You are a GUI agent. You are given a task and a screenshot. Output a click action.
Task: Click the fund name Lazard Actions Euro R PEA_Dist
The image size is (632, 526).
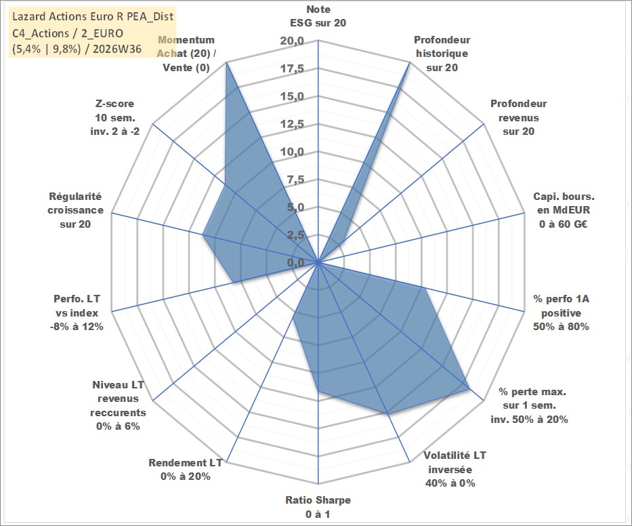(93, 16)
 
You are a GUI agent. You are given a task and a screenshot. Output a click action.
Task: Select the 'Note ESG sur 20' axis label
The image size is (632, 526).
(318, 16)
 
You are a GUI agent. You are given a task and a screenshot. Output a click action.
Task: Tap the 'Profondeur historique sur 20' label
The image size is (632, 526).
(442, 54)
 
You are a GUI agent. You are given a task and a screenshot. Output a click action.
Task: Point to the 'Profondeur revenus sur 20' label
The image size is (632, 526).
(518, 117)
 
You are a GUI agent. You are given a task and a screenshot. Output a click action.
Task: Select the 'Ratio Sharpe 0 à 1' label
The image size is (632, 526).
(318, 507)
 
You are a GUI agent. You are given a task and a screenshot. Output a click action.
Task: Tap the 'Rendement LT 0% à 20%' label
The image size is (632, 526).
(186, 470)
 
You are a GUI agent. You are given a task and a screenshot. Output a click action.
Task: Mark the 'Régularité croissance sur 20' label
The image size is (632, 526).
(75, 210)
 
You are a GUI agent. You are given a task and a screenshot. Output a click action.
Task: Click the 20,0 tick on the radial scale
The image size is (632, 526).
(292, 41)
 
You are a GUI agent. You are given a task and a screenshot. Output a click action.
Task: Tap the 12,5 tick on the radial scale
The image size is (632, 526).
(292, 124)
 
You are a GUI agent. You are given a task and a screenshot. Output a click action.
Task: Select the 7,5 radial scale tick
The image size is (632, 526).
(295, 180)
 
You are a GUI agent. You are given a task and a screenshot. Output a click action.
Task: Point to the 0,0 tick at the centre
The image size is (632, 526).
(295, 263)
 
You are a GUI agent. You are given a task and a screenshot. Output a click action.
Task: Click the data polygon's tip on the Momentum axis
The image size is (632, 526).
(226, 62)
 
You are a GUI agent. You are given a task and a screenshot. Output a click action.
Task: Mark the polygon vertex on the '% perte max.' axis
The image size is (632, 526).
(469, 389)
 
